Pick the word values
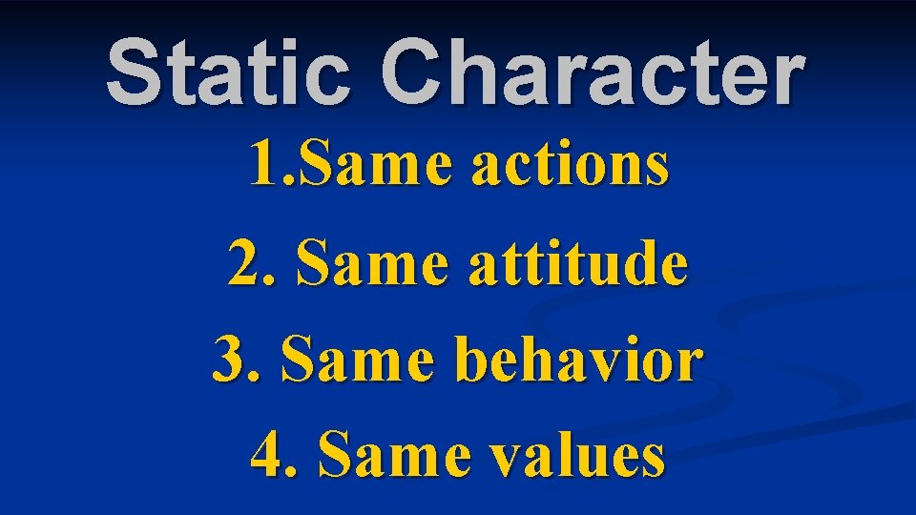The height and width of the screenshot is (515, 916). point(572,456)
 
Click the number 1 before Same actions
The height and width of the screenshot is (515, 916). point(258,165)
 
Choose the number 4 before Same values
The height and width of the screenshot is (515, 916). point(264,456)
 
